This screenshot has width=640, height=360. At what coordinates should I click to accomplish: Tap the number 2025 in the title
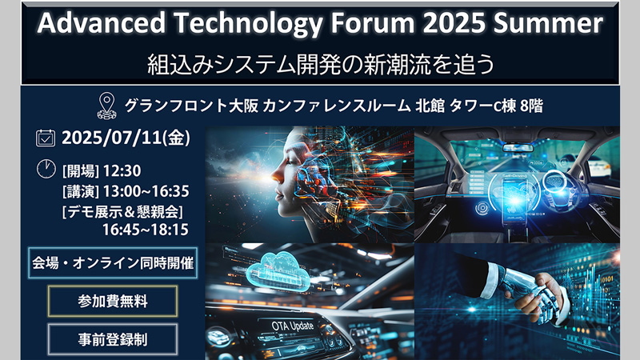point(454,23)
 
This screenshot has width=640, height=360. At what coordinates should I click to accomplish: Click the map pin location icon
point(107,106)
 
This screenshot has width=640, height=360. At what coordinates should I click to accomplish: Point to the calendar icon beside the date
point(46,138)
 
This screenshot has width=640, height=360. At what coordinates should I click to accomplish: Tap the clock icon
point(46,169)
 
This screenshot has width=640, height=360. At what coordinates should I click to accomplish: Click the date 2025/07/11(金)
point(126,138)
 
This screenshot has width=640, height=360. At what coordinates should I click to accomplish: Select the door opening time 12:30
point(122,170)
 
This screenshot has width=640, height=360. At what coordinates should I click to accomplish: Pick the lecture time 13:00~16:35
point(146,191)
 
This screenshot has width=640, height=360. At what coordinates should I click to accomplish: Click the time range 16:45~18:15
point(146,230)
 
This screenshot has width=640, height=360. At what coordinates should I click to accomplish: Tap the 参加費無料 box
point(113,302)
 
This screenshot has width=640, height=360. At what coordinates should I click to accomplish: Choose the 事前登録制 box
point(113,339)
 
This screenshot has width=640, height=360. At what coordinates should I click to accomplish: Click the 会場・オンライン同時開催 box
point(113,263)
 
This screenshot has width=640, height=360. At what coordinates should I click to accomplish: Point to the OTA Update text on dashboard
point(293,326)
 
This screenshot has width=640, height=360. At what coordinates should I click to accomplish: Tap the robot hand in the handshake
point(526,294)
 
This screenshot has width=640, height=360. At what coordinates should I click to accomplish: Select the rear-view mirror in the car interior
point(517,147)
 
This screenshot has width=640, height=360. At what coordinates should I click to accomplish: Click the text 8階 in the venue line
point(531,106)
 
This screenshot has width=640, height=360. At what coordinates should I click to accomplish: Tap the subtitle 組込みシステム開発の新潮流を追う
point(321,65)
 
